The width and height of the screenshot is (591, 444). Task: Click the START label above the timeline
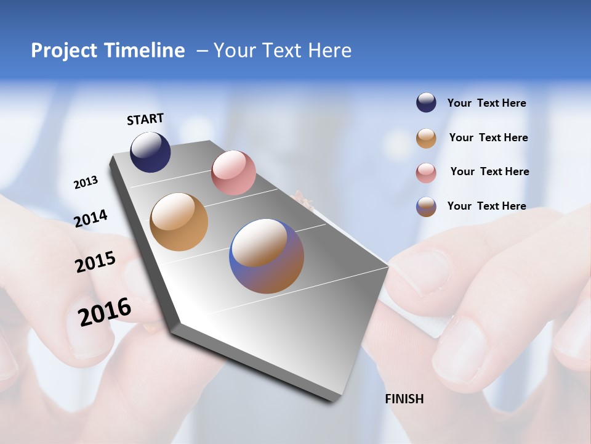pos(145,119)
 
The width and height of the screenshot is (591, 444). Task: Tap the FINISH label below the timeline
pos(404,399)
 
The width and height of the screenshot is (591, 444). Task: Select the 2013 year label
pos(86,183)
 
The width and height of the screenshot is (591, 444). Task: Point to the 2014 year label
pos(90,219)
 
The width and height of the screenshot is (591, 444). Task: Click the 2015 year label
pos(95,262)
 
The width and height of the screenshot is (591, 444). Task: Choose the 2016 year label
pos(105,312)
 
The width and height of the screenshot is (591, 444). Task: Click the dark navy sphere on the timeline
pos(150,152)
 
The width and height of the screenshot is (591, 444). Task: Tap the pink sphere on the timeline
pos(233,173)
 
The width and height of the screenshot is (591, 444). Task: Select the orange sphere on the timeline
pos(179,222)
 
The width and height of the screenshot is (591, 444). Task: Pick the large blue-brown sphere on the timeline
pos(267,256)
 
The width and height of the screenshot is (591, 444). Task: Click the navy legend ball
pos(426,103)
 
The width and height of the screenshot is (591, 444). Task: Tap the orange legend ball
pos(426,138)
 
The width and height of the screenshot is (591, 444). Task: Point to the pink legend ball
pos(426,173)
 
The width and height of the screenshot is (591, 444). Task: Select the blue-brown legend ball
pos(426,207)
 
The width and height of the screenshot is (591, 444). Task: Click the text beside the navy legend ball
pos(486,104)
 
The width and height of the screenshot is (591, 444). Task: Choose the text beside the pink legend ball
pos(489,171)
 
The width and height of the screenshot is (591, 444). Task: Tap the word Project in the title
pos(64,51)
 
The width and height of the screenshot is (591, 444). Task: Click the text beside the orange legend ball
pos(488,138)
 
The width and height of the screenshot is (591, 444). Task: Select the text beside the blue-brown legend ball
pos(486,206)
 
